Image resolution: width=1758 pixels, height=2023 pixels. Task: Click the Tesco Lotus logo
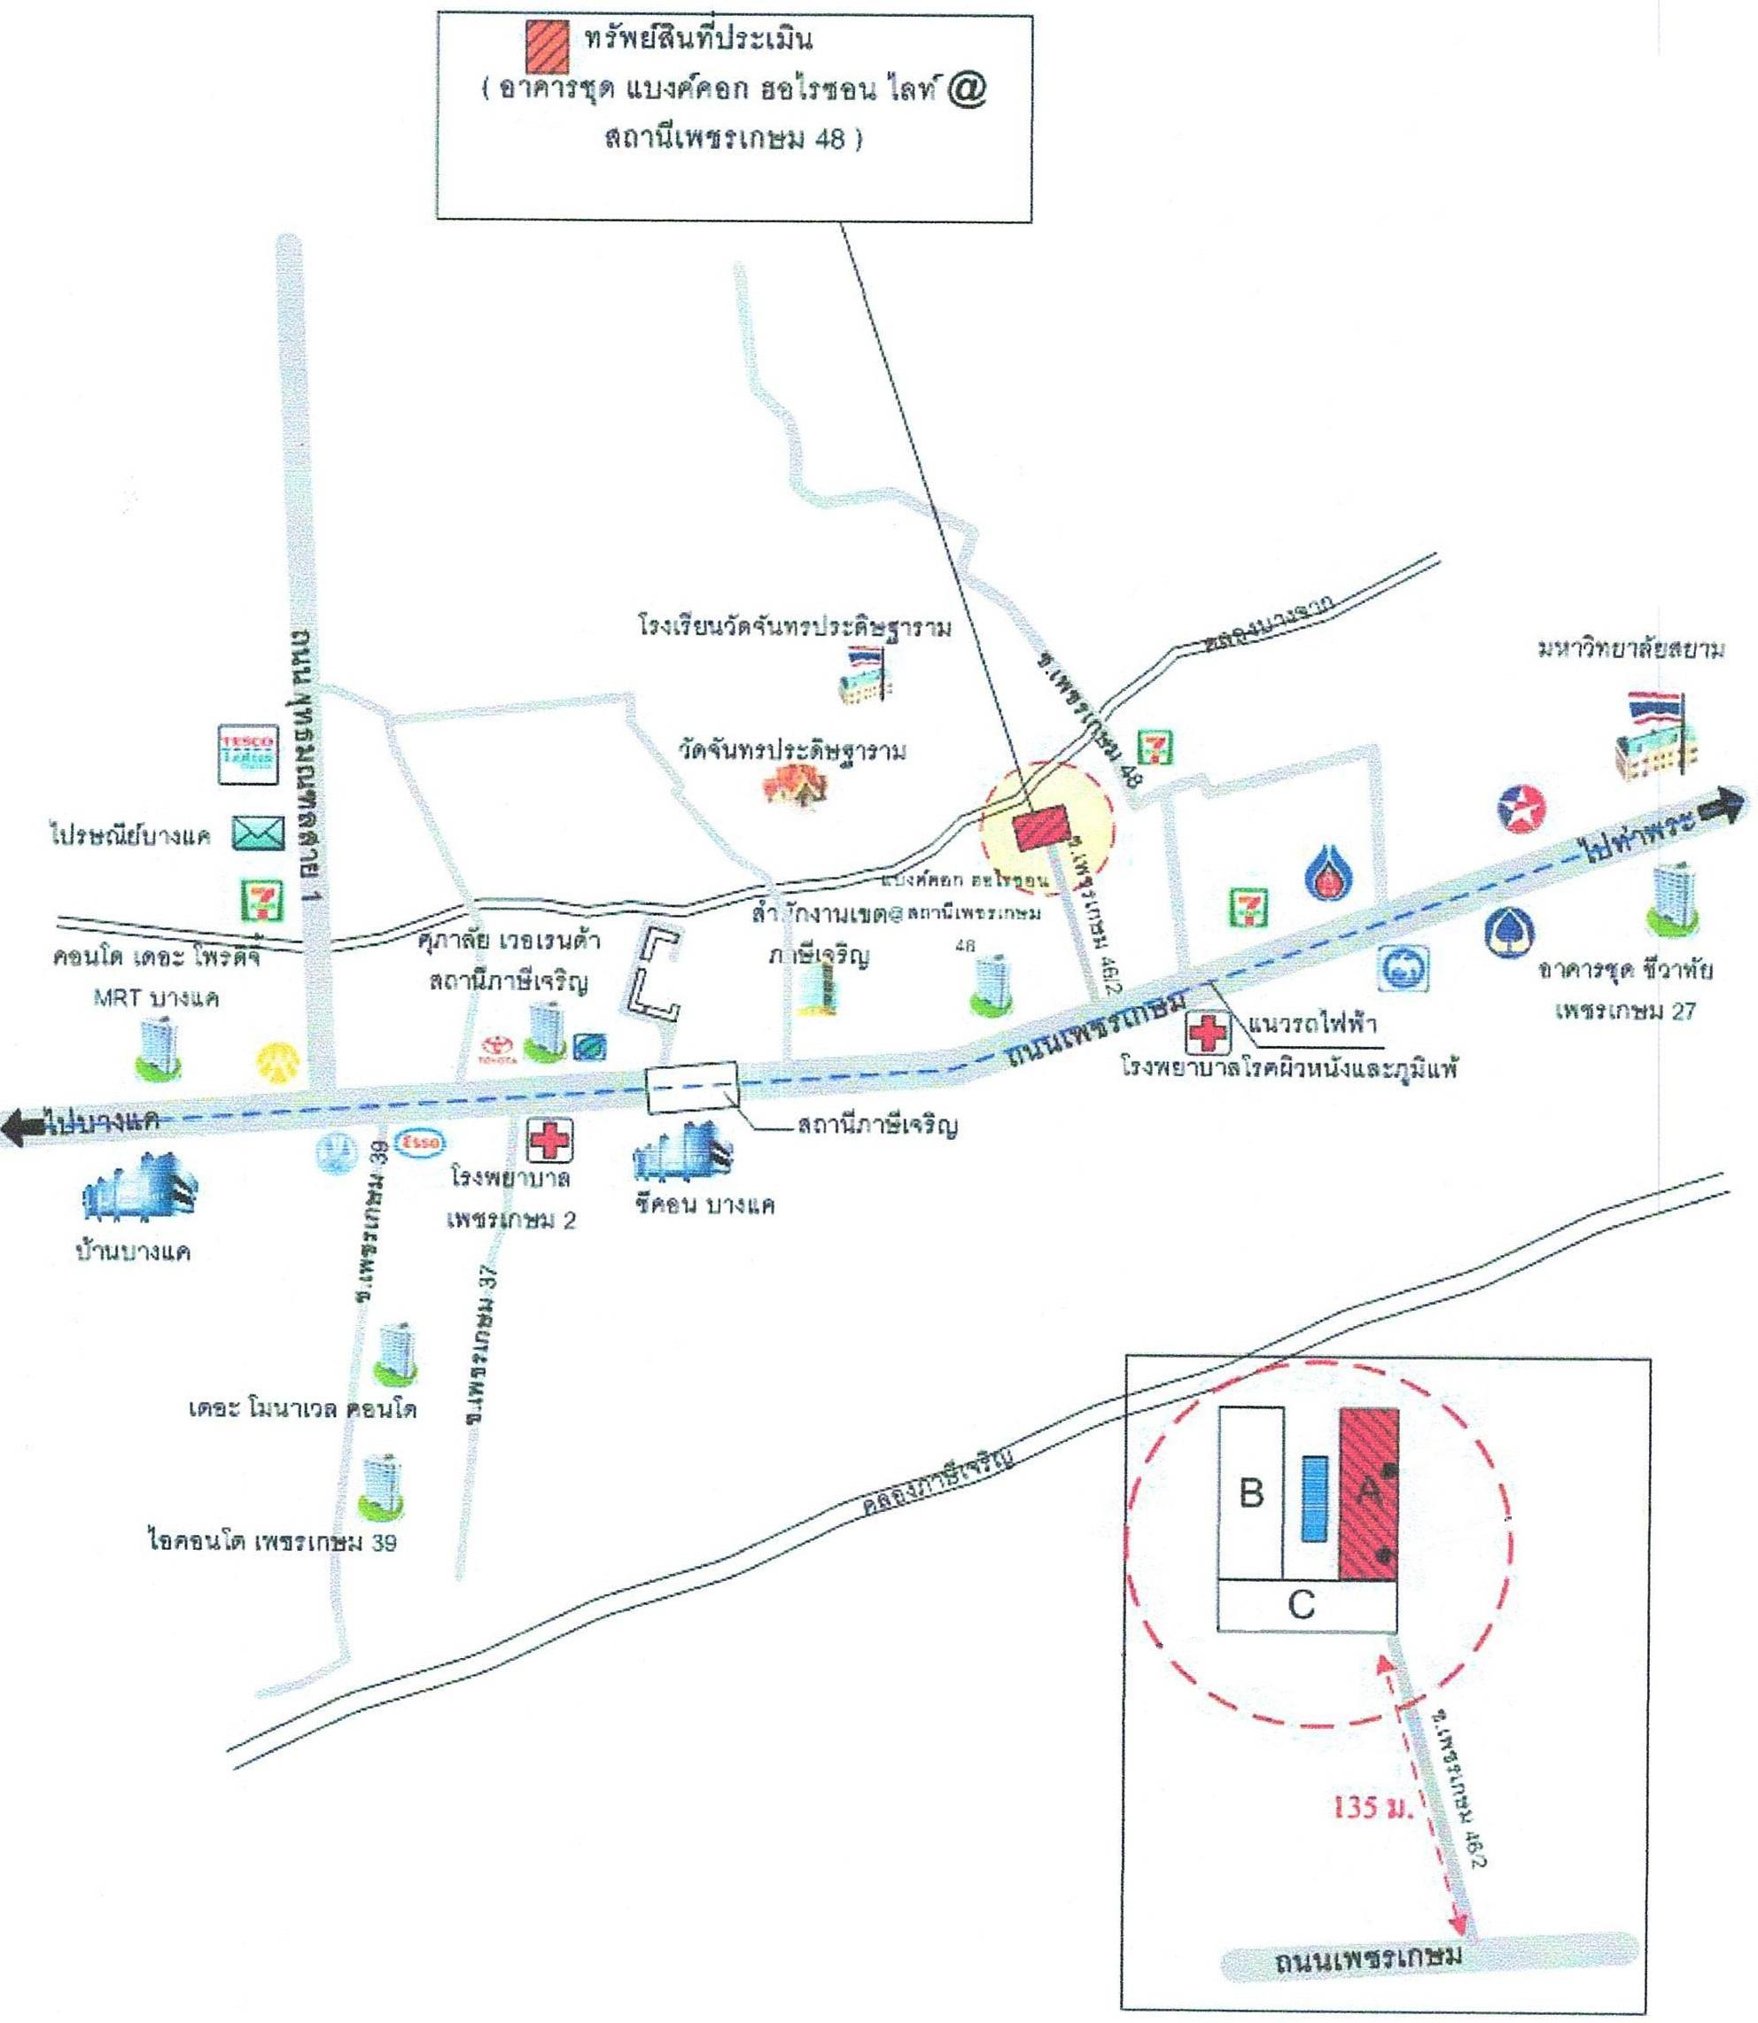[x=246, y=754]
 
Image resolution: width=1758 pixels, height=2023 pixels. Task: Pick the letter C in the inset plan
[x=1301, y=1605]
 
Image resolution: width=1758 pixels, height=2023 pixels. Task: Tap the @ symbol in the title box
[x=968, y=89]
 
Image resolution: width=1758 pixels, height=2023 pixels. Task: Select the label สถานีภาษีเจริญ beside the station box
[x=877, y=1125]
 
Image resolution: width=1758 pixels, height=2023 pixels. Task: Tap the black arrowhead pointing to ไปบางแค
[x=18, y=1128]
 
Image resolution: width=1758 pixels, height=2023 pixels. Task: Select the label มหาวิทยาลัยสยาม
[x=1630, y=650]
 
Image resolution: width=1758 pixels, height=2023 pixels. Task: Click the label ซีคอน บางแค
[x=704, y=1205]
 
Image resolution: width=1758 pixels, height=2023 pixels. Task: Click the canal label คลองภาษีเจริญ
[x=936, y=1484]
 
